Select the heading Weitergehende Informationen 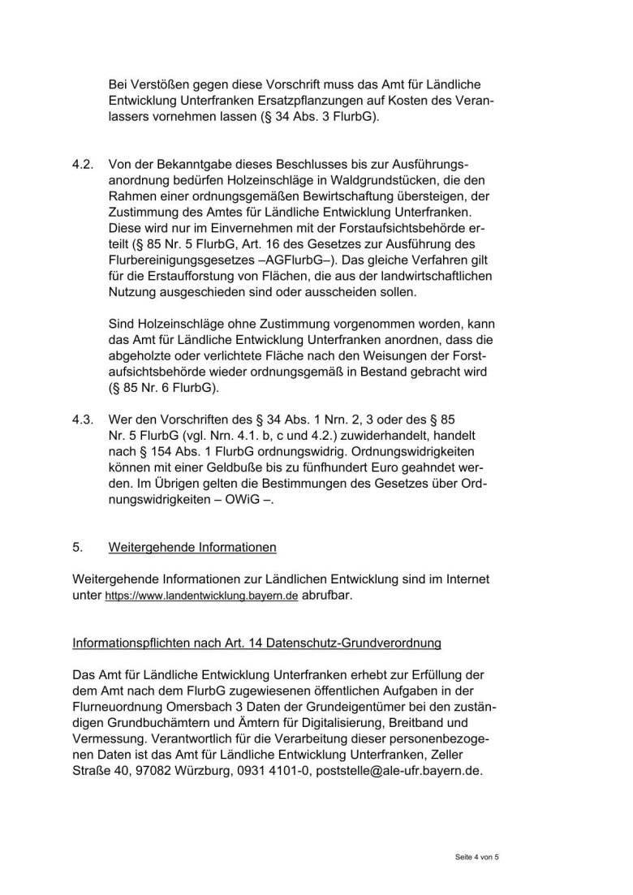[192, 547]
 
